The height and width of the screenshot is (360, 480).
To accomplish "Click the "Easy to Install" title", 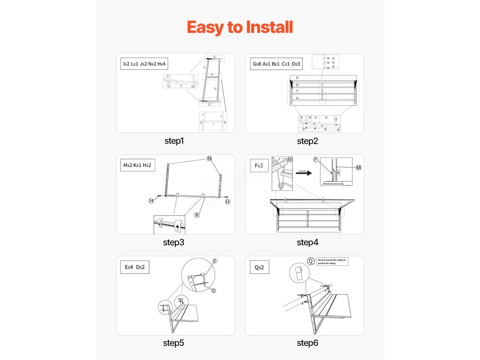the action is [x=240, y=27].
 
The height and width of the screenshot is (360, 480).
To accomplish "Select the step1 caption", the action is [x=174, y=141].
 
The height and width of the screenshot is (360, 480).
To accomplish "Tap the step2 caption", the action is [x=307, y=141].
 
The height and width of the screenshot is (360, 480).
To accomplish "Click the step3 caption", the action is [x=174, y=242].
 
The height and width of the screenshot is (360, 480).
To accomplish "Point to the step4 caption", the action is [x=307, y=242].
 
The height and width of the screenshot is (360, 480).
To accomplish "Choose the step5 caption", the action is [x=174, y=343].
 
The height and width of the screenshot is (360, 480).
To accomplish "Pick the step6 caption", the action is [x=307, y=343].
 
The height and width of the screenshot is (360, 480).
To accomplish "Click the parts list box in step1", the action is [x=144, y=63].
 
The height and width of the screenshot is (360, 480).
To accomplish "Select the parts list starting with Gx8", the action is [x=277, y=63].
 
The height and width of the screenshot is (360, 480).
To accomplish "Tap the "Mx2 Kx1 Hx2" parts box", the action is [x=138, y=165].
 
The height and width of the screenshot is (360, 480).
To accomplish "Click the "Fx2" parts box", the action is [x=259, y=165].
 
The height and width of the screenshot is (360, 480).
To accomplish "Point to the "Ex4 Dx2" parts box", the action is [x=135, y=267].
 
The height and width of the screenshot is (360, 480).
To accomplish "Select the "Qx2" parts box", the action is [x=259, y=267].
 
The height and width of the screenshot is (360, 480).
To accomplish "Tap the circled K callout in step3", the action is [x=197, y=215].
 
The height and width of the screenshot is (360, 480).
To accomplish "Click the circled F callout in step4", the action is [x=316, y=160].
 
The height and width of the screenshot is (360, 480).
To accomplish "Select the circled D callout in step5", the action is [x=213, y=291].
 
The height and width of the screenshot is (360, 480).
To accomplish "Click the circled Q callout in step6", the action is [x=311, y=261].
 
